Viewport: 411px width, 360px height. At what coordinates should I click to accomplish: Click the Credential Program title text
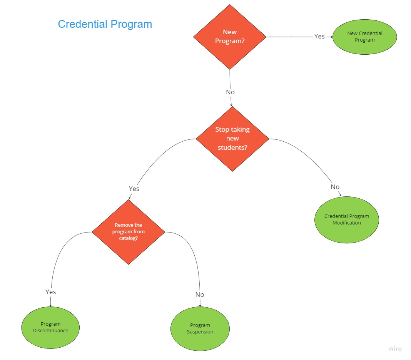105,24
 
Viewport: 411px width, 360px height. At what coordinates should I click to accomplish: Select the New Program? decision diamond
230,37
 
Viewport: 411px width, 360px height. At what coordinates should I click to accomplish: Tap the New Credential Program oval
364,37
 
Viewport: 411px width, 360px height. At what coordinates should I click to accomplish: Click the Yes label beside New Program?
319,36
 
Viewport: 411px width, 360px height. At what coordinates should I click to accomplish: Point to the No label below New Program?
230,92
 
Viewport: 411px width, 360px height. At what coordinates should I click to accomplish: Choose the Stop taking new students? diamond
232,139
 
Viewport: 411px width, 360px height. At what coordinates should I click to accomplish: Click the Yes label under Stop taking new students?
134,189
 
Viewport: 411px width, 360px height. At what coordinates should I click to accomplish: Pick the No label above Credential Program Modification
335,187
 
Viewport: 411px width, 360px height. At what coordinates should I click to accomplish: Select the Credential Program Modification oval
347,219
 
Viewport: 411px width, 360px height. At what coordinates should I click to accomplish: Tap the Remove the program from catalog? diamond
128,232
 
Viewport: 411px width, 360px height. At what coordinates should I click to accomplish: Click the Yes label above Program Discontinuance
51,292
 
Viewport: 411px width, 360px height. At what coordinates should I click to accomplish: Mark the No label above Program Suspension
200,295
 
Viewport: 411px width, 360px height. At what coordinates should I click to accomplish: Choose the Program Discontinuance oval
50,327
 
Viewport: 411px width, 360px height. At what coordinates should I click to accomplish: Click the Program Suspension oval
200,328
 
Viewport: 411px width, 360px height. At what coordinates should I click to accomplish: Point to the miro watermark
395,349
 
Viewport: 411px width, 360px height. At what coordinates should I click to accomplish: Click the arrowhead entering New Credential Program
331,37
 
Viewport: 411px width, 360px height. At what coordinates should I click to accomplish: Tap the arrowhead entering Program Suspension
200,305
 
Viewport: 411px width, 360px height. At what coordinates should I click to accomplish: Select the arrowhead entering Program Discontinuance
50,305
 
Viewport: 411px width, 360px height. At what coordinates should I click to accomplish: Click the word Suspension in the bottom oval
200,332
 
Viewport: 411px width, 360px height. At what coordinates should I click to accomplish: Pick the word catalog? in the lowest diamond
128,238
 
